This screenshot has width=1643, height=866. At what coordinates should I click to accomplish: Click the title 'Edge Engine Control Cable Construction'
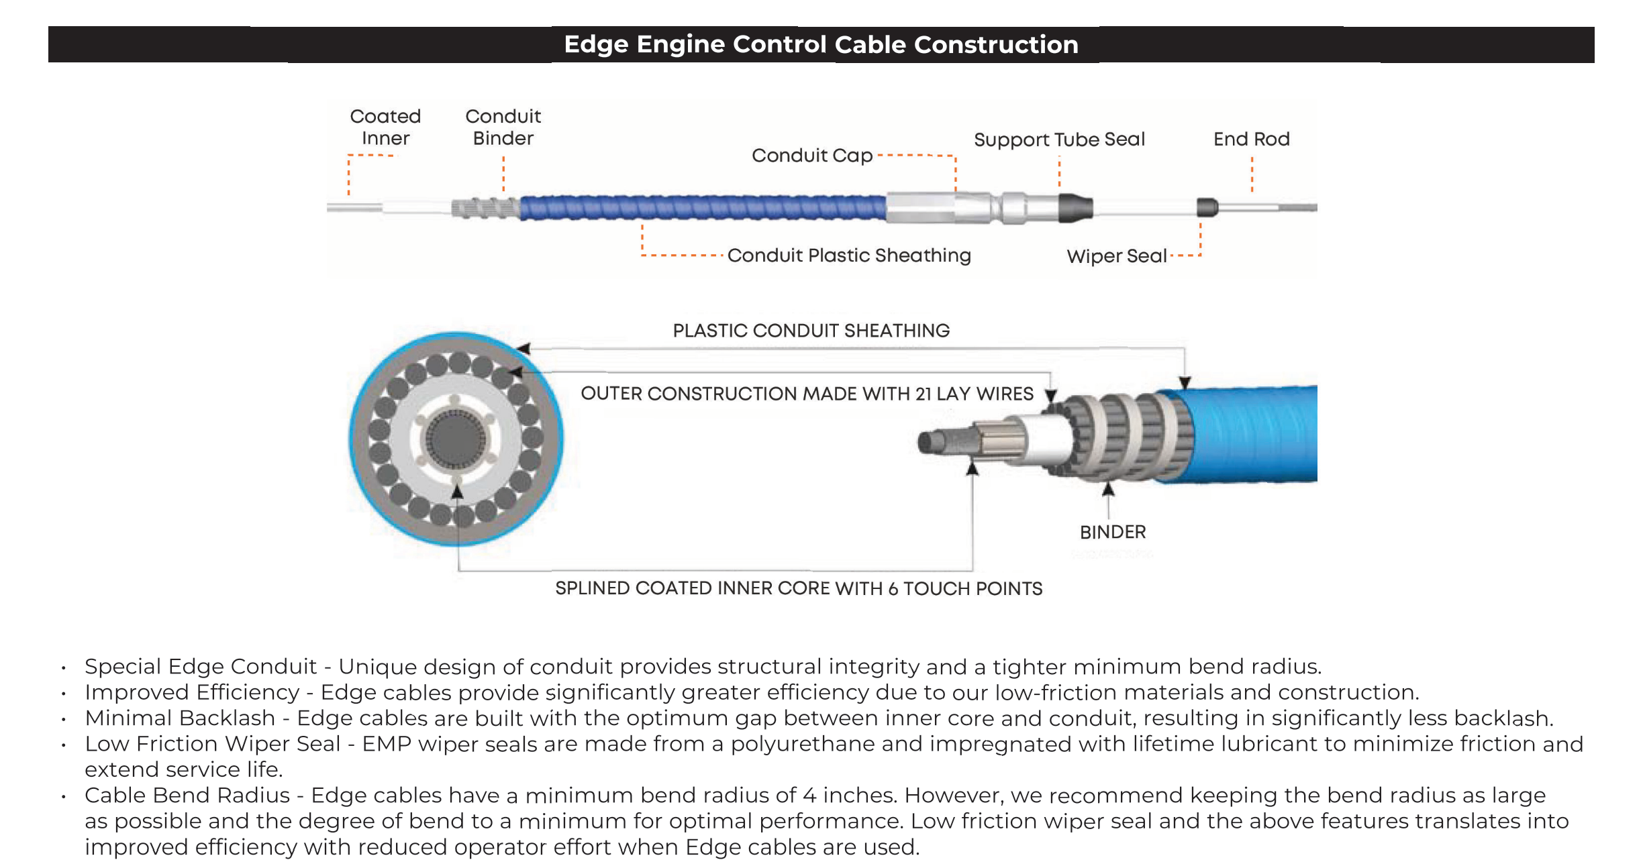click(x=821, y=44)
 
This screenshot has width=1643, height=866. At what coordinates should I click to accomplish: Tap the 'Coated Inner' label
click(x=385, y=127)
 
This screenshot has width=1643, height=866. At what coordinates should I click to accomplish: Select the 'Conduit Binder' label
click(x=503, y=127)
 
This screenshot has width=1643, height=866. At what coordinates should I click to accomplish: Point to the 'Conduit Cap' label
click(x=812, y=156)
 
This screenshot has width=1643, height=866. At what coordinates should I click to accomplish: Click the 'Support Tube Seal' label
click(x=1059, y=140)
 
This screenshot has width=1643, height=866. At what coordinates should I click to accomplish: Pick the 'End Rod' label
click(x=1252, y=139)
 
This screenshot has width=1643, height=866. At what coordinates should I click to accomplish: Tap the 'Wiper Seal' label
click(x=1117, y=256)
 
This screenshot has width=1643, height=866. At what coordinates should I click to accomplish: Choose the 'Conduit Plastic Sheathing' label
click(x=849, y=256)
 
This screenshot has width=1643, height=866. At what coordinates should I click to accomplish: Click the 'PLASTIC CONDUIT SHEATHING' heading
click(x=811, y=331)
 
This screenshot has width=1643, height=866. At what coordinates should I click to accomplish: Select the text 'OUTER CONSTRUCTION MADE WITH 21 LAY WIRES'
click(x=807, y=394)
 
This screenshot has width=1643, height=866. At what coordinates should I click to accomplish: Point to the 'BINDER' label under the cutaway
click(x=1113, y=532)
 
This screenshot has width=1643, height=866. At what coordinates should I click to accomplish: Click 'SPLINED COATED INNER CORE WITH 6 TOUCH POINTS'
click(x=799, y=588)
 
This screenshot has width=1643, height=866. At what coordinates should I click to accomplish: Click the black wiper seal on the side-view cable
click(x=1207, y=207)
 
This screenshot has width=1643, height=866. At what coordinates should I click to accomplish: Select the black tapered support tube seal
click(x=1076, y=207)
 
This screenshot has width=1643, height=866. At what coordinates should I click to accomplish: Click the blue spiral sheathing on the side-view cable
click(x=703, y=207)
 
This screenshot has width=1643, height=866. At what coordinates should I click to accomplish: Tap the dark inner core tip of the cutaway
click(x=930, y=442)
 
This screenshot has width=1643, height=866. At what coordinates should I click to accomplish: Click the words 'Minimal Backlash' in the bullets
click(x=180, y=718)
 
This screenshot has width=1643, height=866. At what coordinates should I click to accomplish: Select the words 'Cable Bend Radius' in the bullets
click(x=187, y=796)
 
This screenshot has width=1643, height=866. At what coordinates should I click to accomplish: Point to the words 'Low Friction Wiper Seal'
click(x=213, y=744)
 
